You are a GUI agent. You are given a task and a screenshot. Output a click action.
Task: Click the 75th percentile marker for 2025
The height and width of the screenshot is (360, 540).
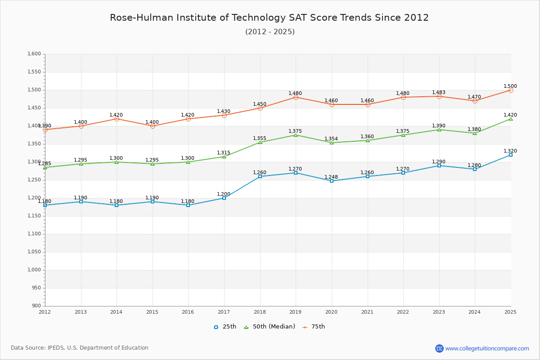pos(511,90)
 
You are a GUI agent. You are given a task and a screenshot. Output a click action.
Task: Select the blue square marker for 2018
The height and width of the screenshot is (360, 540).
pos(260,176)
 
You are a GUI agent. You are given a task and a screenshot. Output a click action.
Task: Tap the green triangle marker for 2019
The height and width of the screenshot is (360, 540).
pos(296,135)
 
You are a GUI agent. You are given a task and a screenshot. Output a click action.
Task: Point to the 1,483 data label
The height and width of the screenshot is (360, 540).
pos(438,92)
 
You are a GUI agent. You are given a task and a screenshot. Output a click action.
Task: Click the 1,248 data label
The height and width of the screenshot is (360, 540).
pos(331,177)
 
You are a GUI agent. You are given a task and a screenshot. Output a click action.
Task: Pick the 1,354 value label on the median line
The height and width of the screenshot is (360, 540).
pos(331,139)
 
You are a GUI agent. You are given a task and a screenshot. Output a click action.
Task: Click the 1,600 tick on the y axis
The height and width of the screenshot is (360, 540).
pos(34,54)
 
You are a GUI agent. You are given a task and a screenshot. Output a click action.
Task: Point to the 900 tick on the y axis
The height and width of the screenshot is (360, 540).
pos(36,306)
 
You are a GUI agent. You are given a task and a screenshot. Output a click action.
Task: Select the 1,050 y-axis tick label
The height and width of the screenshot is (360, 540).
pos(34,252)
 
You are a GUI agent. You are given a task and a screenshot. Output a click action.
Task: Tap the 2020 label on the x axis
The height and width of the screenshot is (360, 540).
pos(331,312)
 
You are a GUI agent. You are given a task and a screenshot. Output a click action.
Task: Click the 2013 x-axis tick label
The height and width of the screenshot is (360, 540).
pos(81,312)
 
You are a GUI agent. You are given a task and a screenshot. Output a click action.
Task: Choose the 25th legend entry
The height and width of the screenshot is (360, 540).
pos(225,327)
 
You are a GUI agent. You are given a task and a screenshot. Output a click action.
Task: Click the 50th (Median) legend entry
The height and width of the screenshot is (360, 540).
pos(270,327)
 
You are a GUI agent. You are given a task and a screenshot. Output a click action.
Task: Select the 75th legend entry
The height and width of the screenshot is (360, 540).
pos(314,327)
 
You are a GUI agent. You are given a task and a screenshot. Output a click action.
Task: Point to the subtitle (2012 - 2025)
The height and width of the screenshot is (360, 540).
pos(270,31)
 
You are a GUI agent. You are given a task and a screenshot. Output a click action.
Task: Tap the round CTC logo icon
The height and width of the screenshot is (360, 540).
pos(439,348)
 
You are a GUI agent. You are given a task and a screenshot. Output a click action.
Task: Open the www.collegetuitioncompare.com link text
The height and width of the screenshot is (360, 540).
pos(487,348)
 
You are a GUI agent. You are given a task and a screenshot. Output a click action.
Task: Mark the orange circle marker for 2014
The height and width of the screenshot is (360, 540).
pos(117,119)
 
